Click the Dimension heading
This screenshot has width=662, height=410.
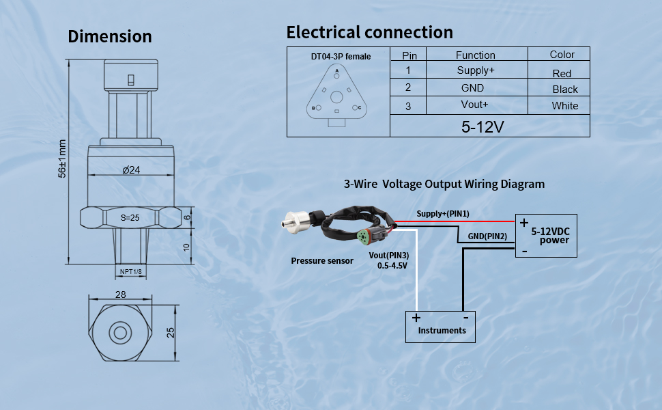click(x=110, y=36)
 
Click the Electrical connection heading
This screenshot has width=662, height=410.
click(x=369, y=32)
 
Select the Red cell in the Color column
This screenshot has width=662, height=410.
click(x=562, y=73)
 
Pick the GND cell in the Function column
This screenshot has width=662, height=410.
click(x=472, y=87)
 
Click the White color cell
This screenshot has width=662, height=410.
click(x=565, y=106)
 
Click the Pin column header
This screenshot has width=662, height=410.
click(x=409, y=55)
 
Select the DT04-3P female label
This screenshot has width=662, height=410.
click(x=341, y=56)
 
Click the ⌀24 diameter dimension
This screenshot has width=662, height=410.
click(x=131, y=170)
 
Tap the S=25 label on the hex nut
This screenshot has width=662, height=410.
click(x=130, y=218)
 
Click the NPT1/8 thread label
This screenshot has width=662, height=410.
click(x=131, y=272)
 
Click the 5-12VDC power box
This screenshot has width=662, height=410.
click(x=546, y=236)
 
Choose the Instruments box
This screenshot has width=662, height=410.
click(x=440, y=326)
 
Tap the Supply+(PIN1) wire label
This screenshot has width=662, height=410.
click(x=443, y=214)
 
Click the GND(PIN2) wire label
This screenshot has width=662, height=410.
click(x=487, y=236)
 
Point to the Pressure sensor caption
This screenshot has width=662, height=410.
click(x=322, y=260)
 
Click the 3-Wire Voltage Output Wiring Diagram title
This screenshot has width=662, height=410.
click(x=444, y=184)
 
